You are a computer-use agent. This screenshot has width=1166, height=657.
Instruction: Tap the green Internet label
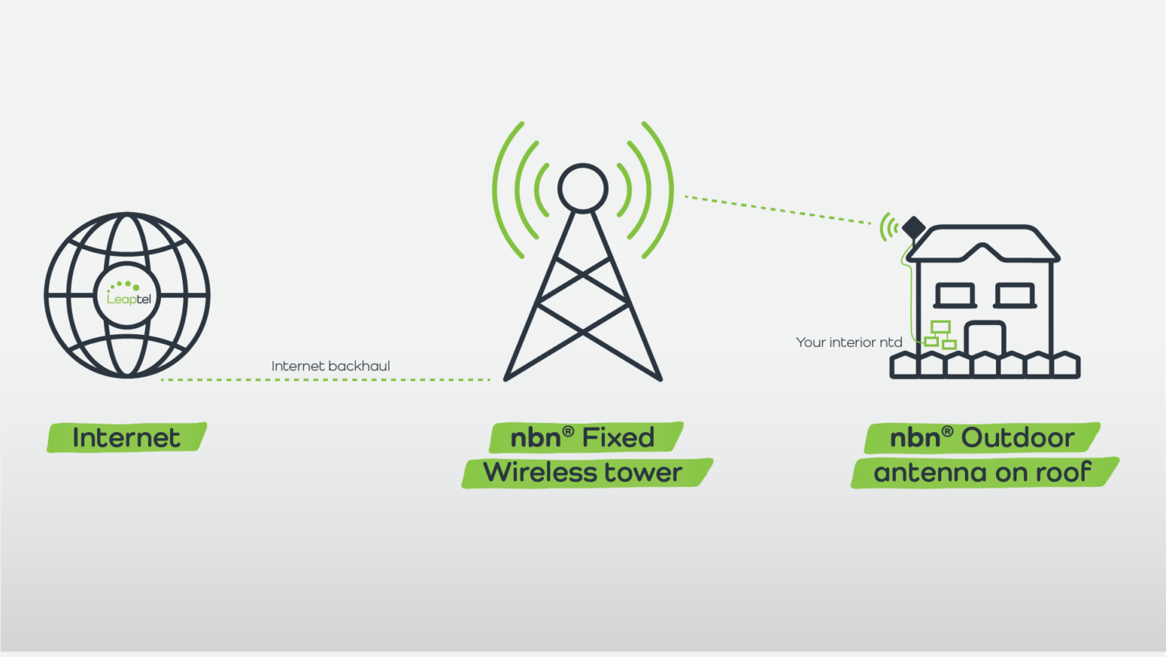click(127, 437)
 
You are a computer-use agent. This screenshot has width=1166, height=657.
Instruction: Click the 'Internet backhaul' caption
click(330, 366)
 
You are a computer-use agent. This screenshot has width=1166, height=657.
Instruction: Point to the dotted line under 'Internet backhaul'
click(326, 379)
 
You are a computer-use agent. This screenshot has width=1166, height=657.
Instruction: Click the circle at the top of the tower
click(582, 188)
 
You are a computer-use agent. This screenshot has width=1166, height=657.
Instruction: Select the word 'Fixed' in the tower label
click(618, 437)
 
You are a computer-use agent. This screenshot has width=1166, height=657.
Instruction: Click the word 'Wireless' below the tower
click(540, 472)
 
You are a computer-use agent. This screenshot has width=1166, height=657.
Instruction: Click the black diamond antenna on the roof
click(913, 227)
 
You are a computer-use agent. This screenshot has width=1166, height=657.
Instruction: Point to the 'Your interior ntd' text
click(849, 343)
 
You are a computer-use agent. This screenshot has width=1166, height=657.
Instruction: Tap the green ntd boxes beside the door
click(940, 334)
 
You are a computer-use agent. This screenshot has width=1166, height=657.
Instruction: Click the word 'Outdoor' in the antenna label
click(1017, 437)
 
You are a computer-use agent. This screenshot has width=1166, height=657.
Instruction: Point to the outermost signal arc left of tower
click(500, 190)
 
